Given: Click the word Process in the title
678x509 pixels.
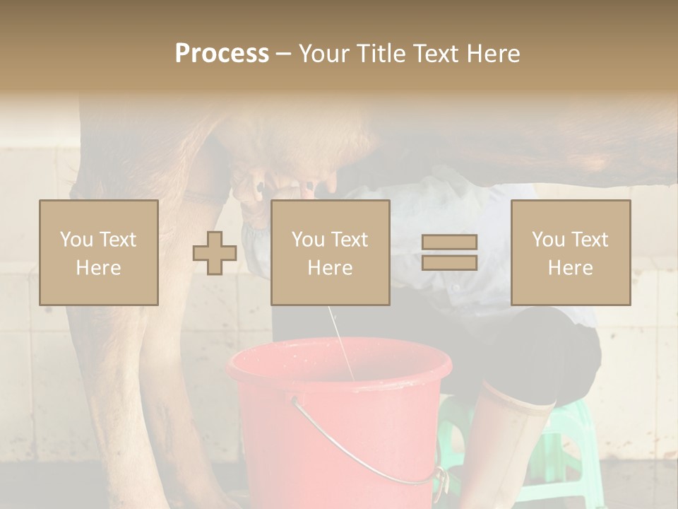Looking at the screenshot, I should coord(222,54).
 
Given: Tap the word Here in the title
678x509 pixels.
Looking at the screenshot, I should coord(492,54).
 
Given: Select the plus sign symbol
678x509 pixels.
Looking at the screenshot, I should coord(215,253).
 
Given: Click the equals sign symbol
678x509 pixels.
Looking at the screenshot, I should coord(449,252).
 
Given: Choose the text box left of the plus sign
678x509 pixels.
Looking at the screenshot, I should coord(99,252).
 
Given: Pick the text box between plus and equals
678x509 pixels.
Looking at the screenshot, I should coord(330,252).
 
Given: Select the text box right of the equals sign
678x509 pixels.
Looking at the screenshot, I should coord(570,252).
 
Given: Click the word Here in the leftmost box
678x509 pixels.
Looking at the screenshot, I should coord(99,268).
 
